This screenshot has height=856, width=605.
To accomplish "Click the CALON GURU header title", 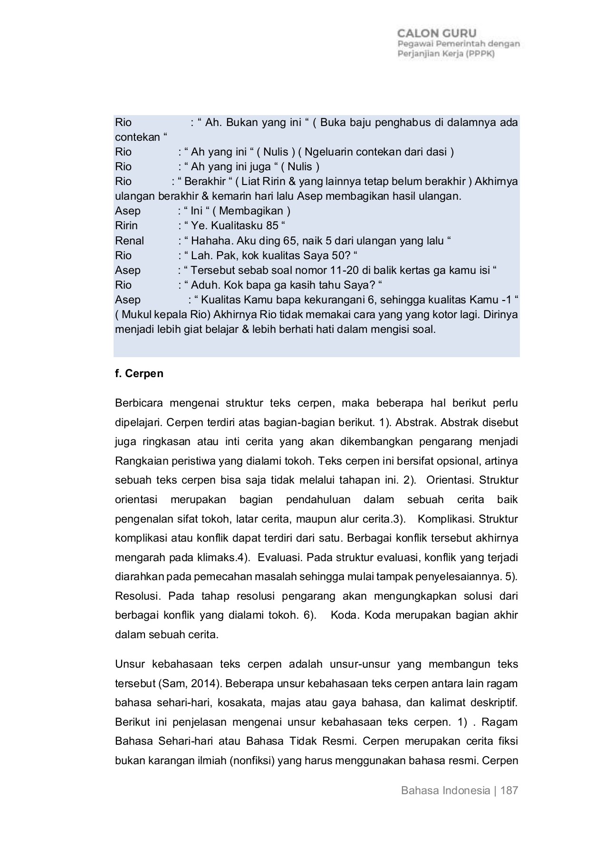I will point(437,33).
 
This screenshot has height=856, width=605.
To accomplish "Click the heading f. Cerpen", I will point(139,374).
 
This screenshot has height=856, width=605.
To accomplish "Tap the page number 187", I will point(509,791).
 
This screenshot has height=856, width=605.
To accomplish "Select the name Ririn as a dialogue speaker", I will point(126,225).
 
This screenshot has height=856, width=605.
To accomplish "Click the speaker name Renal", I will point(129,241).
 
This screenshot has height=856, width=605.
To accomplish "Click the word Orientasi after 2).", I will point(450,480).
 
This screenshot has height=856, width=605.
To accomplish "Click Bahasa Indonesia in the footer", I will point(445,791).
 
